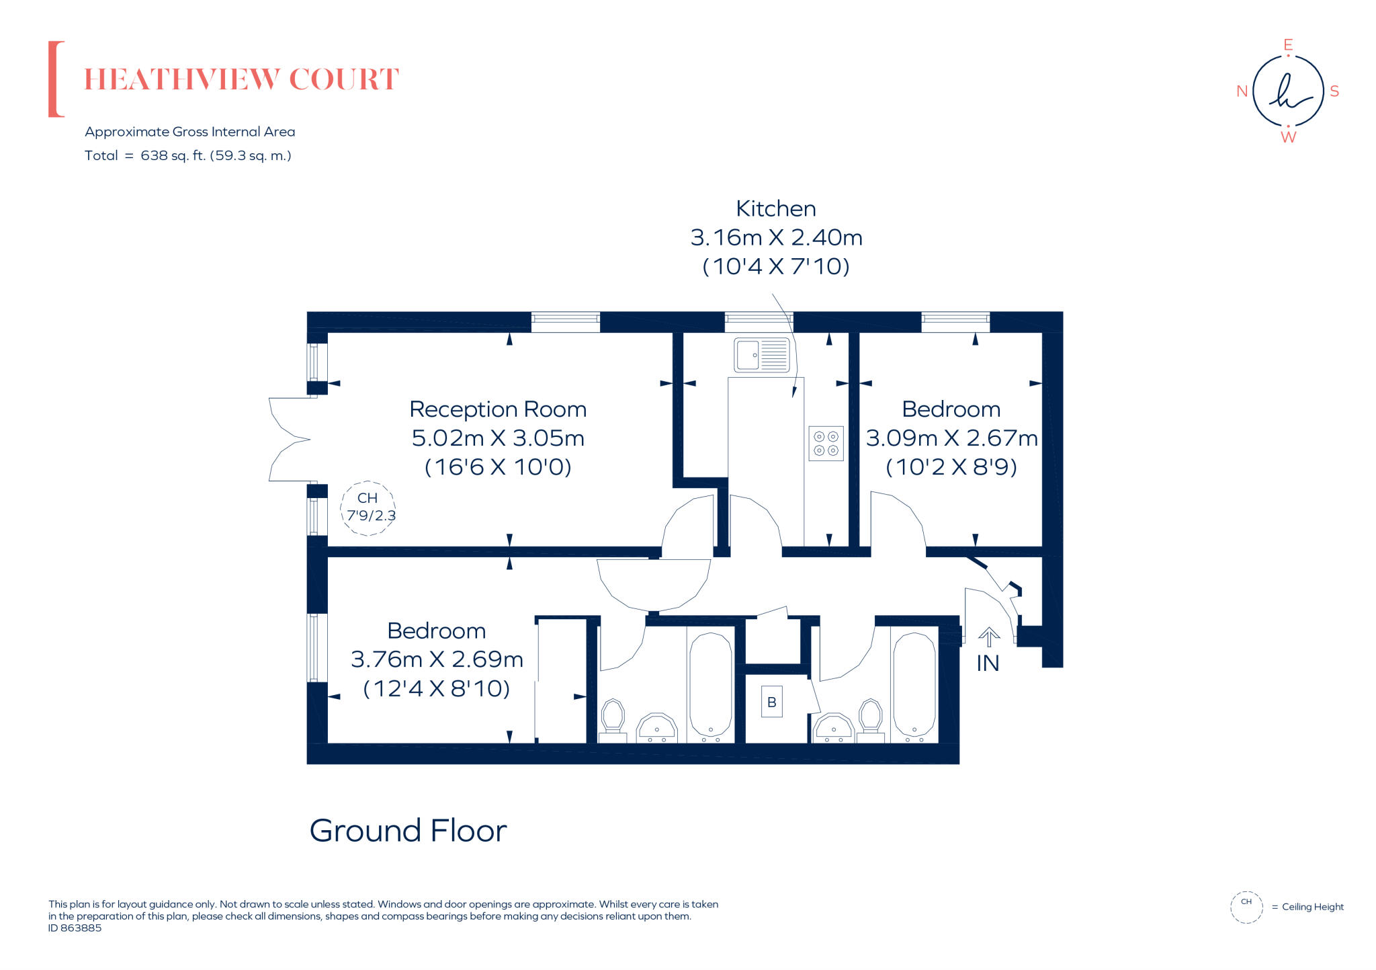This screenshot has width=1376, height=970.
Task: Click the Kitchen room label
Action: [775, 209]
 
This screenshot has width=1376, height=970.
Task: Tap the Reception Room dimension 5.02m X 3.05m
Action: [498, 438]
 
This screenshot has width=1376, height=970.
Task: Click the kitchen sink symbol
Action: [761, 354]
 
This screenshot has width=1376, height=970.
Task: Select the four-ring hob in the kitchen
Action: [826, 444]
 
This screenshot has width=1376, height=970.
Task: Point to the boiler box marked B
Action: [771, 702]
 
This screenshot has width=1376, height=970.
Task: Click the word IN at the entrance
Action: [987, 663]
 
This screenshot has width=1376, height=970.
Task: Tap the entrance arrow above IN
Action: [988, 637]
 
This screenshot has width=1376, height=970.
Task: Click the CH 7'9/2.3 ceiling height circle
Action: [368, 508]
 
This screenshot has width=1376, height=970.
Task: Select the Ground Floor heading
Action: [408, 831]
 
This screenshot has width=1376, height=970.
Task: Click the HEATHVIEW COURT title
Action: [241, 79]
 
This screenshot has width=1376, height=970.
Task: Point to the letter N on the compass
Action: [1242, 91]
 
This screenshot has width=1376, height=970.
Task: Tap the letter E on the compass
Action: [1288, 45]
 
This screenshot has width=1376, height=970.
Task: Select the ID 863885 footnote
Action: [75, 928]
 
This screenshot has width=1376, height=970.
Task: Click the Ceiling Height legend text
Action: [1312, 907]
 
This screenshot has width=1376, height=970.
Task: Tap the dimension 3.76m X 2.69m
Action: [437, 659]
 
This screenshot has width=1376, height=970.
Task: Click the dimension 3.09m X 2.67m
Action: [951, 438]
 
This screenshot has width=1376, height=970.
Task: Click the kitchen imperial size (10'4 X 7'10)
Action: [775, 267]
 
